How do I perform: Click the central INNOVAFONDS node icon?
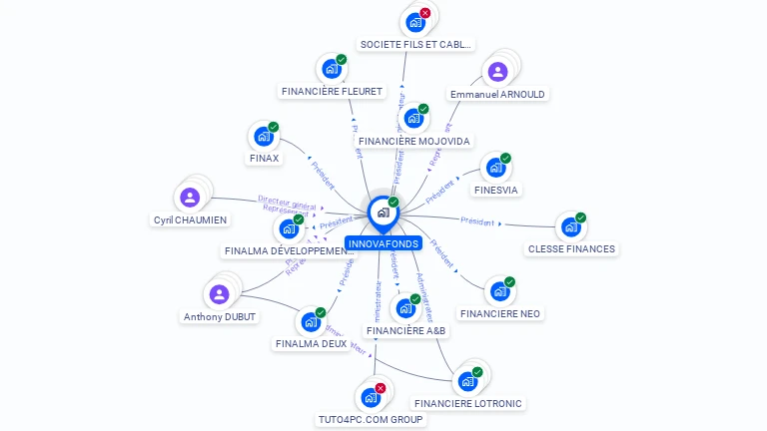tap(383, 213)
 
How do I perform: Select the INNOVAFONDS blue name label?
tap(384, 243)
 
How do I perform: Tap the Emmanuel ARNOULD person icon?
tap(497, 72)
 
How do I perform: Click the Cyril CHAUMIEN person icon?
tap(190, 198)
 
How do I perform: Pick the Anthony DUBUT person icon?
tap(219, 294)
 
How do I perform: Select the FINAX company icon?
tap(263, 136)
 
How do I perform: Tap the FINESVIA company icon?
tap(494, 168)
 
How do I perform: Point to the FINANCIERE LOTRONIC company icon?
tap(466, 381)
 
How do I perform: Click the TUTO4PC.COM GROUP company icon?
tap(370, 397)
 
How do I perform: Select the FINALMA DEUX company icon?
tap(310, 321)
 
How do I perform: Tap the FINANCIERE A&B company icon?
tap(404, 308)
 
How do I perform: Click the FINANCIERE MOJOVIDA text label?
tap(413, 142)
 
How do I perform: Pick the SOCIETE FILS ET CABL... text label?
tap(416, 45)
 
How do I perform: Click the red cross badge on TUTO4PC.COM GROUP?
tap(381, 387)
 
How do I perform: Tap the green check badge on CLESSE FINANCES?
tap(580, 217)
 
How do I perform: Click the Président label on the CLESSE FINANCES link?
tap(477, 221)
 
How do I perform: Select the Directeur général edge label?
tap(287, 201)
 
